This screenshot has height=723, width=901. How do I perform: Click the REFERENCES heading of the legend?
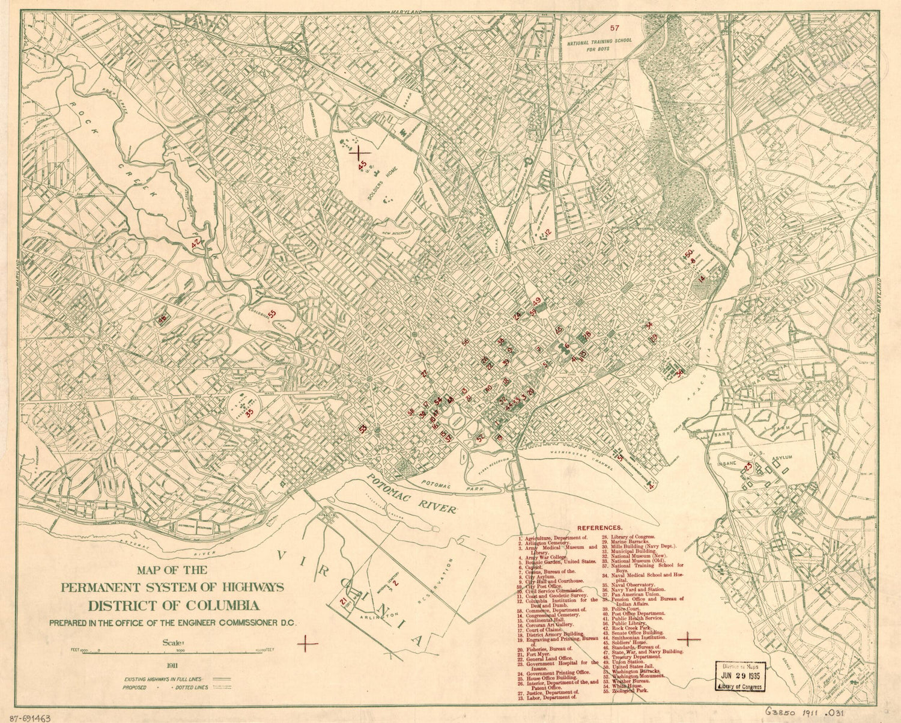tap(599, 527)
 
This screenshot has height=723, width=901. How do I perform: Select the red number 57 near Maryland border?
tap(614, 28)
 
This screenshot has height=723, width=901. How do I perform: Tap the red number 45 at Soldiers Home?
tap(362, 165)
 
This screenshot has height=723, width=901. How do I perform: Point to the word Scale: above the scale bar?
tap(171, 642)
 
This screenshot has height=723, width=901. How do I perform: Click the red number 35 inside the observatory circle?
tap(249, 412)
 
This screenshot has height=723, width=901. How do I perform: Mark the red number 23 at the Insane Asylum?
tap(748, 466)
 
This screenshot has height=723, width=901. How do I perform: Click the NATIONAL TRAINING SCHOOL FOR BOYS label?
tap(596, 47)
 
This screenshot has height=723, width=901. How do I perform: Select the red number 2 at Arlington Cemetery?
tap(396, 581)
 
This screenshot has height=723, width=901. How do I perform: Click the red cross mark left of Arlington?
tap(308, 642)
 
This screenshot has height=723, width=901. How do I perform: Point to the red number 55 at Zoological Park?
tap(272, 314)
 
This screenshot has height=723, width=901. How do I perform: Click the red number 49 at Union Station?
tap(537, 300)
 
